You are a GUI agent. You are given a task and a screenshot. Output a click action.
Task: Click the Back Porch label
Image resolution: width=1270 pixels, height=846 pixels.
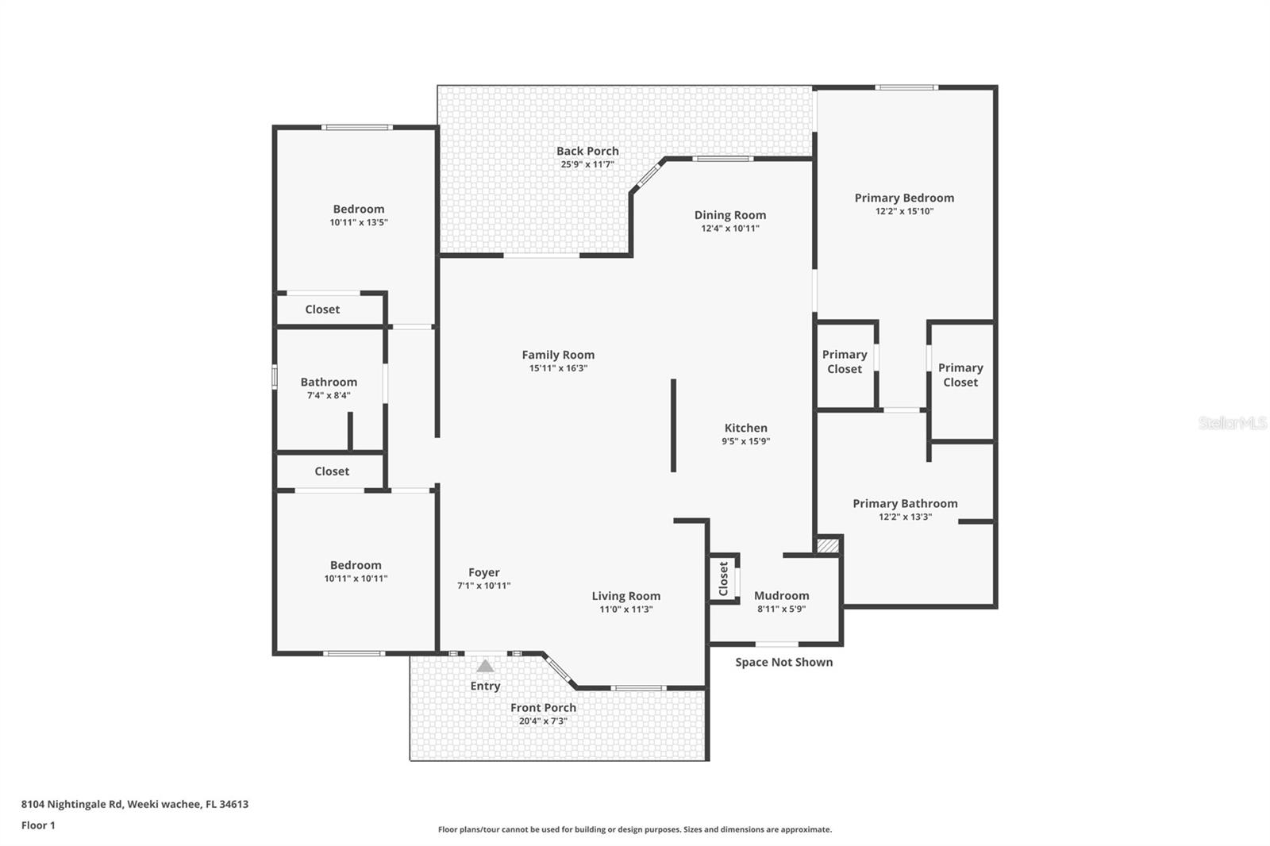(x=587, y=151)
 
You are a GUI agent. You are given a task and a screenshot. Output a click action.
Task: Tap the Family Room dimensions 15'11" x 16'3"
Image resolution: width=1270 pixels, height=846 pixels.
(x=558, y=368)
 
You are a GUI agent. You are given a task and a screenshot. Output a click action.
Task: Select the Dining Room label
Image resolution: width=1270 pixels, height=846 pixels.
(x=729, y=215)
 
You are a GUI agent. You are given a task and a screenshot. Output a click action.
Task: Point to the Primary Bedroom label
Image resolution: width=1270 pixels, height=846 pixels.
(x=904, y=198)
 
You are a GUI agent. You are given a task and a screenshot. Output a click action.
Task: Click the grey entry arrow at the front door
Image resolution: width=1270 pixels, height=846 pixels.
(x=485, y=666)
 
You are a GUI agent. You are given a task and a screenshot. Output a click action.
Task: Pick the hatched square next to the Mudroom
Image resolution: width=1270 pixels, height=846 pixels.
(x=828, y=546)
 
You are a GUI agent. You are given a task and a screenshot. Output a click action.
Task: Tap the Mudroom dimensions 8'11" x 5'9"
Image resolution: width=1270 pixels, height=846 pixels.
(x=781, y=610)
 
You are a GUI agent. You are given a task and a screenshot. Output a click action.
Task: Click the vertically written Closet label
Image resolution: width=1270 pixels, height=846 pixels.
(x=723, y=578)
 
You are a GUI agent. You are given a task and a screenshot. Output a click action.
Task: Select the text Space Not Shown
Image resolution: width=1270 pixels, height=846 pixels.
(x=783, y=662)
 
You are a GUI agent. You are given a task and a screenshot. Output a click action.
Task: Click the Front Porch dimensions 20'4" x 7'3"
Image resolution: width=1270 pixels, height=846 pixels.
(x=543, y=721)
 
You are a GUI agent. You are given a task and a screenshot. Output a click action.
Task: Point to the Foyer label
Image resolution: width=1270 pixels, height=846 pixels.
(x=483, y=572)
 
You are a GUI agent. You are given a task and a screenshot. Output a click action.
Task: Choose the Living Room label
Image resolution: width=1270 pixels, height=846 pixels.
(x=625, y=596)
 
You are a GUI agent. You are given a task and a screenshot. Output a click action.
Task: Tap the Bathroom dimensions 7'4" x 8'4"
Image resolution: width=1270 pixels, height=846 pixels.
(x=329, y=395)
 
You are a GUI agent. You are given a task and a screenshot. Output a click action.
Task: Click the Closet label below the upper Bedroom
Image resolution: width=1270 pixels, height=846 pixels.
(x=322, y=310)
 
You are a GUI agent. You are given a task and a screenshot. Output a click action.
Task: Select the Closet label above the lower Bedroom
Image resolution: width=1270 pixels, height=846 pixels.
(x=332, y=471)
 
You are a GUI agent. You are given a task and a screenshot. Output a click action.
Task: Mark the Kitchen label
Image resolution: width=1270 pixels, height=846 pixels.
(x=745, y=428)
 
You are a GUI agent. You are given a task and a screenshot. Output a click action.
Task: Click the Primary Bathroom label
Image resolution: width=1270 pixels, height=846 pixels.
(x=905, y=503)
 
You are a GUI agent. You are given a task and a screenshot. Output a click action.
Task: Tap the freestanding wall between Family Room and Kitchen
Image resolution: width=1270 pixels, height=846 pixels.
(x=673, y=425)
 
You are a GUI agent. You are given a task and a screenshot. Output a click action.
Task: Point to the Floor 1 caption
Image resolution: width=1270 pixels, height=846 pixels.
(x=38, y=825)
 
